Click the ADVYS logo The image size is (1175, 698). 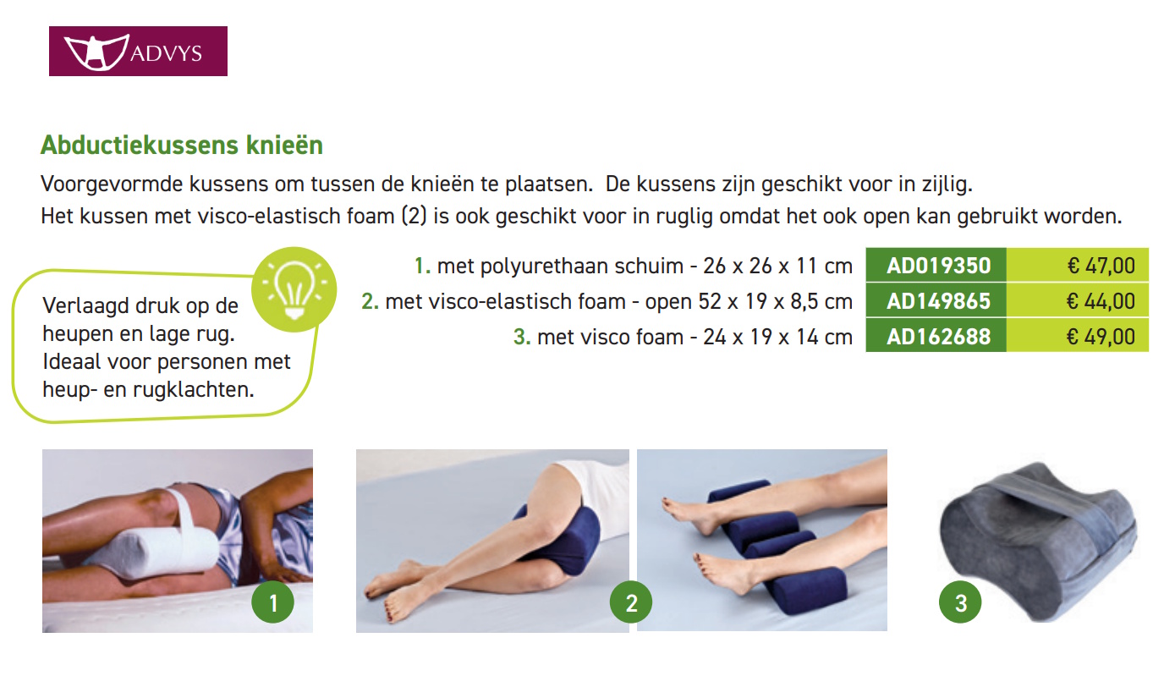coord(138,52)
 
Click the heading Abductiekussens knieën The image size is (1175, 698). coord(182,146)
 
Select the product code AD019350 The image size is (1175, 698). coord(938,266)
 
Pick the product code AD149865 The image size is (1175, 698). coord(938,301)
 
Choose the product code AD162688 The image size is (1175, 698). coord(938,337)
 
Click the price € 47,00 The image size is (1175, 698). coord(1101,266)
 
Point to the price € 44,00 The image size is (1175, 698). coord(1101,301)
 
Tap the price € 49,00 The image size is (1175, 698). coord(1101,337)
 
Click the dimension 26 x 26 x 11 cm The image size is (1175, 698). coord(777,266)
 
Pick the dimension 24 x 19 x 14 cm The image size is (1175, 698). coord(777,337)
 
